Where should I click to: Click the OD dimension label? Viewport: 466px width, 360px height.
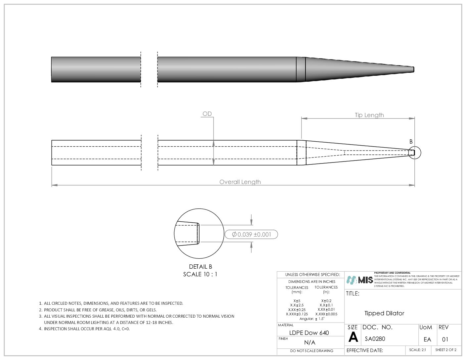coord(207,114)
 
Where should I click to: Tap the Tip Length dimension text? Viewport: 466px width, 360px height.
coord(369,115)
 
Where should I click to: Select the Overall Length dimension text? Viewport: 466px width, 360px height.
coord(240,182)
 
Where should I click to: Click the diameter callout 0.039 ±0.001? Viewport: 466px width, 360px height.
coord(251,235)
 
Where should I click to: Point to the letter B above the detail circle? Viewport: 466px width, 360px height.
coord(411,142)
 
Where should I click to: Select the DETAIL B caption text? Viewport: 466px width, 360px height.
coord(200,267)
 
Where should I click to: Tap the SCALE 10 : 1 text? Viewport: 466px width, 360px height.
coord(200,274)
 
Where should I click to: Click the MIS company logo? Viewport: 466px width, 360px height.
coord(360,280)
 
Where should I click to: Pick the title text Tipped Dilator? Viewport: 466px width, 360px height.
coord(384,313)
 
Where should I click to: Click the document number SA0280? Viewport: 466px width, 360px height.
coord(375,339)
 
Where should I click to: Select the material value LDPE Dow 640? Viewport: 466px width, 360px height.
coord(309,333)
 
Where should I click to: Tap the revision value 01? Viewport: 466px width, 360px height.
coord(445,339)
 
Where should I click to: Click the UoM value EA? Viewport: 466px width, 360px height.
coord(427,339)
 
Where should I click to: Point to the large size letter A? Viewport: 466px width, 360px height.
coord(353,337)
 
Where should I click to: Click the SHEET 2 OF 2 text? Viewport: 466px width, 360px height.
coord(445,350)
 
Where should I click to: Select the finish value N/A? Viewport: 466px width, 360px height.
coord(310,342)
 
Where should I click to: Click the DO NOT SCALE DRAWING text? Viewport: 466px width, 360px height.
coord(311,351)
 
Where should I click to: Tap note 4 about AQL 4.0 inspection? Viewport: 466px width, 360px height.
coord(87,329)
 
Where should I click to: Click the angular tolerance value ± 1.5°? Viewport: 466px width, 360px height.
coord(320,319)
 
